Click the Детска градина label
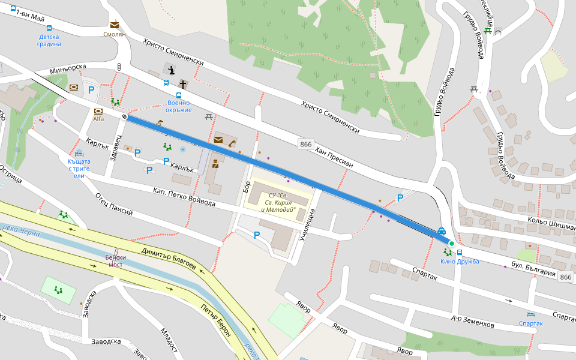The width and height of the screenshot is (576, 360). click(x=49, y=40)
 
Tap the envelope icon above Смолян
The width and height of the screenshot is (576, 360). click(x=114, y=25)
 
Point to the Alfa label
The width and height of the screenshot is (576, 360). click(x=98, y=119)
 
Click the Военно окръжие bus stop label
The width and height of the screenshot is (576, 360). click(x=179, y=106)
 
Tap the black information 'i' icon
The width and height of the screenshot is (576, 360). click(x=172, y=70)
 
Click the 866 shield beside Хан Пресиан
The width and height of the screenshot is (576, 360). click(x=306, y=144)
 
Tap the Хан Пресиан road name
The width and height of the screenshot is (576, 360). click(x=335, y=158)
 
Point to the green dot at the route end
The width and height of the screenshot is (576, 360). click(x=451, y=244)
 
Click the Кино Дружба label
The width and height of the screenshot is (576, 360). click(x=460, y=261)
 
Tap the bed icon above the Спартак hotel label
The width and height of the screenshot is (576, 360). click(x=530, y=314)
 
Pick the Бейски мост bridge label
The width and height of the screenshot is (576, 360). click(x=115, y=260)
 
